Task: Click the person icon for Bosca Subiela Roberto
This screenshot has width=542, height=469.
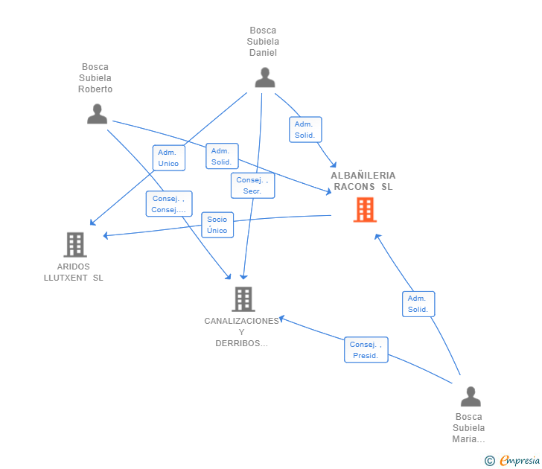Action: (97, 114)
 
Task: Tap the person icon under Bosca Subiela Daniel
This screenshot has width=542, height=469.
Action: (264, 77)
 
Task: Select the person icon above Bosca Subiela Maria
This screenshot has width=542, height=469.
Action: (470, 396)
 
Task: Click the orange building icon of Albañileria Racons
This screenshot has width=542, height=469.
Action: (364, 210)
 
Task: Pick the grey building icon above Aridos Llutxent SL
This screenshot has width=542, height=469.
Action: (74, 244)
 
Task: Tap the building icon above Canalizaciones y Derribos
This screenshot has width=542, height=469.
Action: (243, 299)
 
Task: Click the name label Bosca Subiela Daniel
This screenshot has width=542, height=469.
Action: (263, 42)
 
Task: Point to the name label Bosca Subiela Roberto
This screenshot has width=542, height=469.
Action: (95, 78)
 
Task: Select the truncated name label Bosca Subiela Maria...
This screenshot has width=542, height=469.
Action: (468, 427)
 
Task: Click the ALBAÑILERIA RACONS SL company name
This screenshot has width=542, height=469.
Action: (363, 181)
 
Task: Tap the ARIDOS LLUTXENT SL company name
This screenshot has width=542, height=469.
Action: (73, 272)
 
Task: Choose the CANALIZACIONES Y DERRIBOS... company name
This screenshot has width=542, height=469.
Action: (241, 332)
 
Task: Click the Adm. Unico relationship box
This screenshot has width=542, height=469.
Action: (168, 158)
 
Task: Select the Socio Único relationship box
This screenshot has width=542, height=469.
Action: (217, 225)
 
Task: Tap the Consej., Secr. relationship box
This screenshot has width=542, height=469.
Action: (252, 185)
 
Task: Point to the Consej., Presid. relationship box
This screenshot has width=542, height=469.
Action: (366, 350)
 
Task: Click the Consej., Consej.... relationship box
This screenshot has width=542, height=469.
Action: (169, 204)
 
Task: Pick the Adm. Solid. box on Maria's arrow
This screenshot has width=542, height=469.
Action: (418, 304)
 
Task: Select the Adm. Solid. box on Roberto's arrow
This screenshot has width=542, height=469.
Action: (221, 156)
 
